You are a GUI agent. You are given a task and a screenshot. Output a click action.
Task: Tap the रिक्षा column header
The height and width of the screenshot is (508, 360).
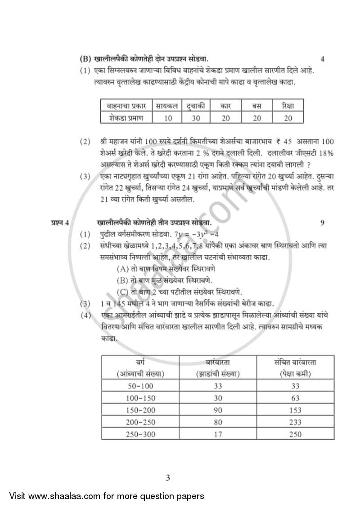(x=288, y=107)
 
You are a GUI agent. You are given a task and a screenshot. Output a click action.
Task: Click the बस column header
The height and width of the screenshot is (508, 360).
(x=256, y=107)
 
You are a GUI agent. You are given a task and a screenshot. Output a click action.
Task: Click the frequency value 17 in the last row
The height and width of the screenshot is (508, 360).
(x=218, y=433)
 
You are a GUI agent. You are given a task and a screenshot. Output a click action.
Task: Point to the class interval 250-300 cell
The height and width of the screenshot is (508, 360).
(x=140, y=433)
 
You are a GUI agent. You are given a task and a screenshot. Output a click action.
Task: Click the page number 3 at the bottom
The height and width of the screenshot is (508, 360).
(x=168, y=478)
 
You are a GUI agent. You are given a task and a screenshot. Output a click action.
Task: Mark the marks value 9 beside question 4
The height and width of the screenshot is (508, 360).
(x=322, y=223)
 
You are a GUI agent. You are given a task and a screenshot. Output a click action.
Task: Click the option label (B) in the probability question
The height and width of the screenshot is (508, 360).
(x=122, y=281)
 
